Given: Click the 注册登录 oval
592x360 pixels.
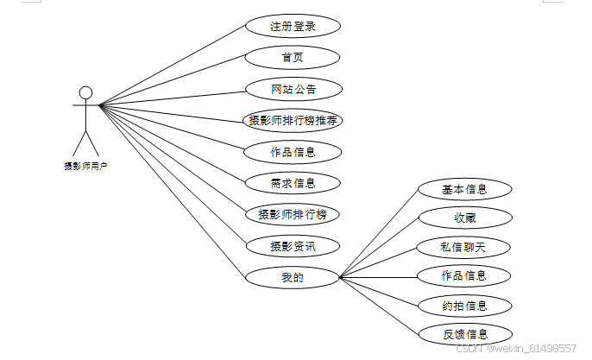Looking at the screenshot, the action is (293, 26).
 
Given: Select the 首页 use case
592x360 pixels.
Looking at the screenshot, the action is (293, 58).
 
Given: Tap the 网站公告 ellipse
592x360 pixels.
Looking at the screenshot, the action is (293, 89).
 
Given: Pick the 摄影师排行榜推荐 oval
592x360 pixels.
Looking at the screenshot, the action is (293, 121).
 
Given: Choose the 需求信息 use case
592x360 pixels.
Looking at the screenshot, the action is (293, 183).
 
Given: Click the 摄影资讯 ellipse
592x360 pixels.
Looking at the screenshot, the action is (293, 246).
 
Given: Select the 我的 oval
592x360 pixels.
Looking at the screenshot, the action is (293, 277).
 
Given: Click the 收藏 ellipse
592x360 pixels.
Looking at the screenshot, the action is (464, 218).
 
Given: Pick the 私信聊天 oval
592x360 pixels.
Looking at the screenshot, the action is (464, 247).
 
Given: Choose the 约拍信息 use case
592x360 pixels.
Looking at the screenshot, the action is (464, 305).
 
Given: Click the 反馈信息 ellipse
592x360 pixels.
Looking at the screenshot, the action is (464, 333).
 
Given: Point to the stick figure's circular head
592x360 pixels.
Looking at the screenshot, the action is (85, 92).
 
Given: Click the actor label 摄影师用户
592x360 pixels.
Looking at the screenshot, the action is (85, 165).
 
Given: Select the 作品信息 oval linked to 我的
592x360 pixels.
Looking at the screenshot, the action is (464, 275).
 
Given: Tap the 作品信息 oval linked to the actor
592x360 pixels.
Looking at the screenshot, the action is (293, 152).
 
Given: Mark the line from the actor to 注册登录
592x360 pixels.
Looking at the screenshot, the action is (173, 66).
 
